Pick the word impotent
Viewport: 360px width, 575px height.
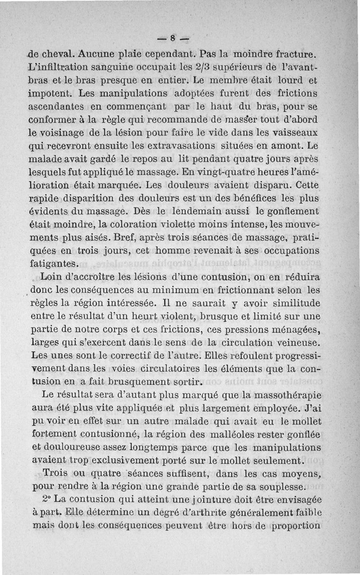pyautogui.click(x=50, y=95)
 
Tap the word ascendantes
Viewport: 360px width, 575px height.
pyautogui.click(x=59, y=108)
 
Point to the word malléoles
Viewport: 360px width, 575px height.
pyautogui.click(x=226, y=435)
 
